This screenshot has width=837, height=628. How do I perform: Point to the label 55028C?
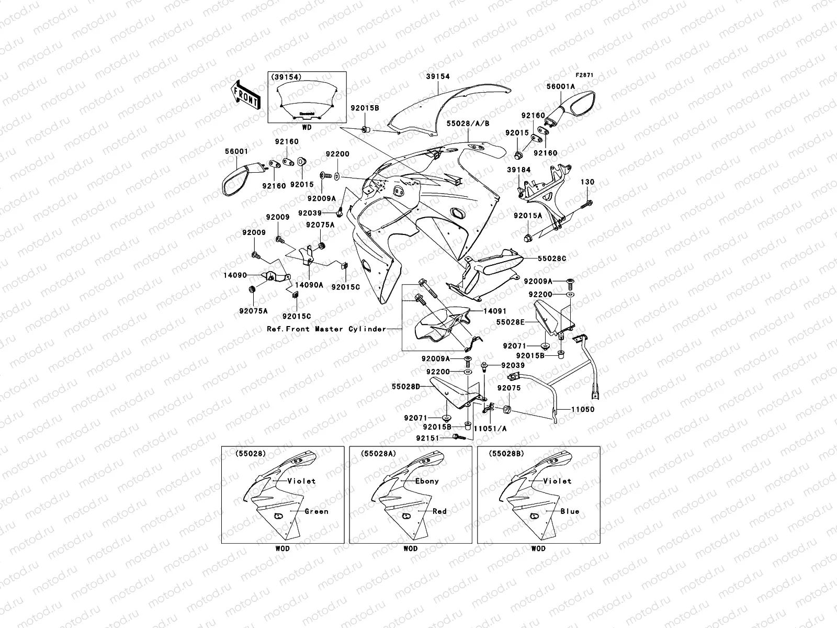click(551, 259)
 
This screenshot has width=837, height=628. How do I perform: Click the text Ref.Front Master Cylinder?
click(326, 329)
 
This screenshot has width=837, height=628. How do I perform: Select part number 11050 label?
click(582, 410)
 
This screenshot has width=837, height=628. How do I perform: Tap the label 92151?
click(427, 438)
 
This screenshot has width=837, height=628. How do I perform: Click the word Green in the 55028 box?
click(316, 511)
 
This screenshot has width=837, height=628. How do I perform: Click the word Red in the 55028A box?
click(439, 511)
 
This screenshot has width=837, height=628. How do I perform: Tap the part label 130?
click(587, 182)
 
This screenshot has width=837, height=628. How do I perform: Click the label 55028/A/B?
click(468, 125)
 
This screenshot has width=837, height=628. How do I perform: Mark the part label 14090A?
click(309, 285)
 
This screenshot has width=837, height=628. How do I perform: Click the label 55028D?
click(406, 386)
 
